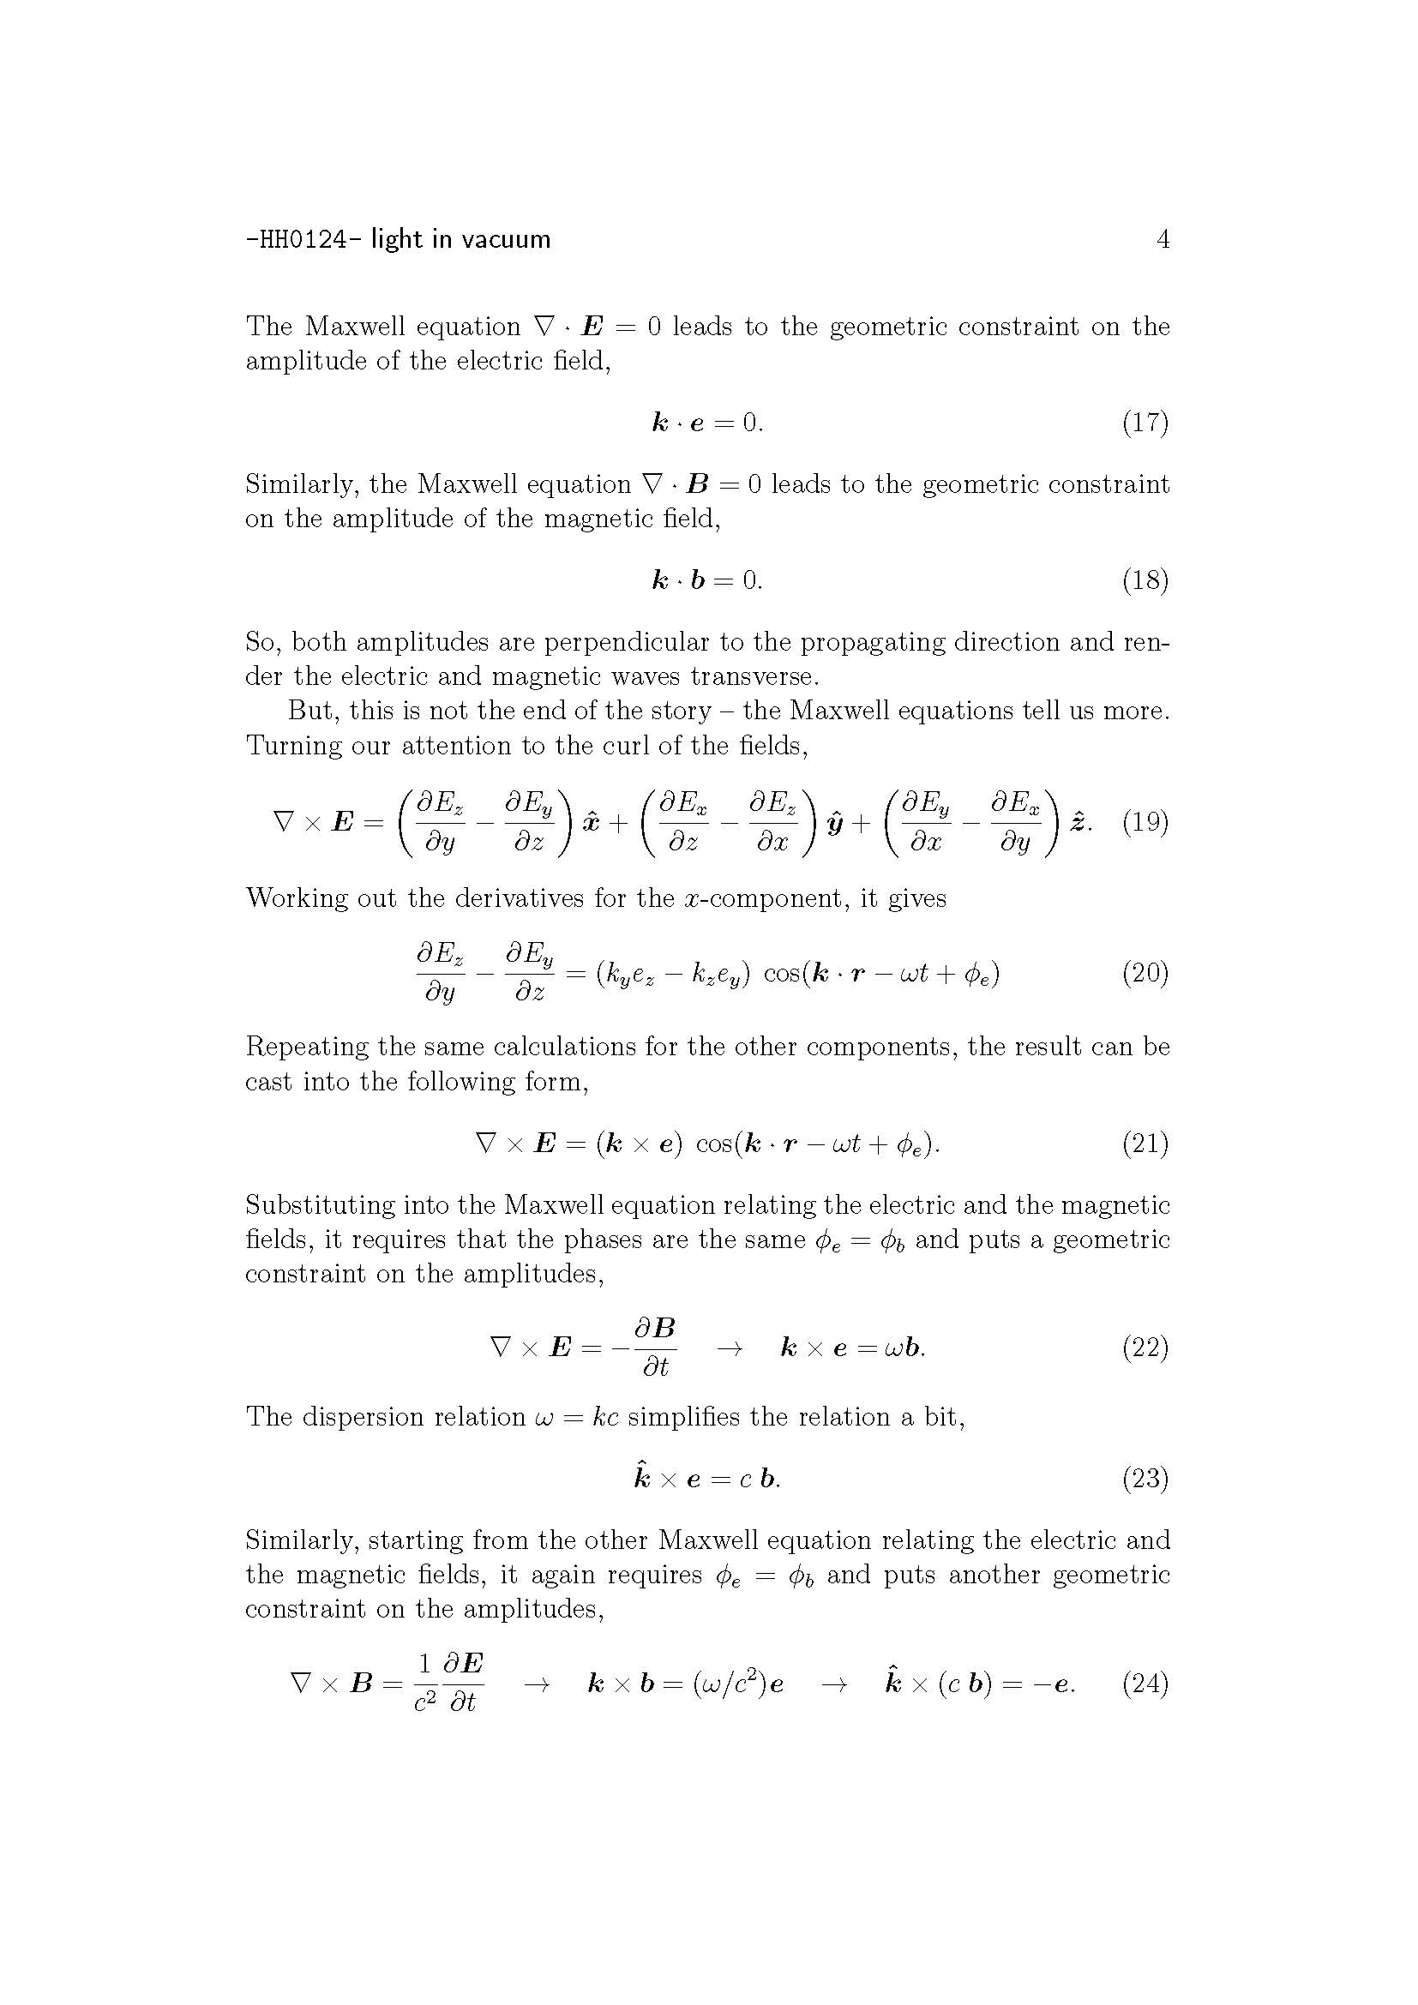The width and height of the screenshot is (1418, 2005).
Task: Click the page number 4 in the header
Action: [x=1163, y=239]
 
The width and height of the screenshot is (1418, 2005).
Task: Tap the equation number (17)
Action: [x=1145, y=423]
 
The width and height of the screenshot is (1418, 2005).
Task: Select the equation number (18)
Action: [x=1145, y=579]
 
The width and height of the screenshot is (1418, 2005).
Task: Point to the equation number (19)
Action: [x=1145, y=822]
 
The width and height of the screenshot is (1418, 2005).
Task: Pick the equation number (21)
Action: [x=1145, y=1144]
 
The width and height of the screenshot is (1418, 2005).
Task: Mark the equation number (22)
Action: [x=1145, y=1348]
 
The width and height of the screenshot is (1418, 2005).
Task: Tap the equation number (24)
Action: [x=1145, y=1683]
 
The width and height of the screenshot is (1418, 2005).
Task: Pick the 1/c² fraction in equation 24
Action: [x=424, y=1684]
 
